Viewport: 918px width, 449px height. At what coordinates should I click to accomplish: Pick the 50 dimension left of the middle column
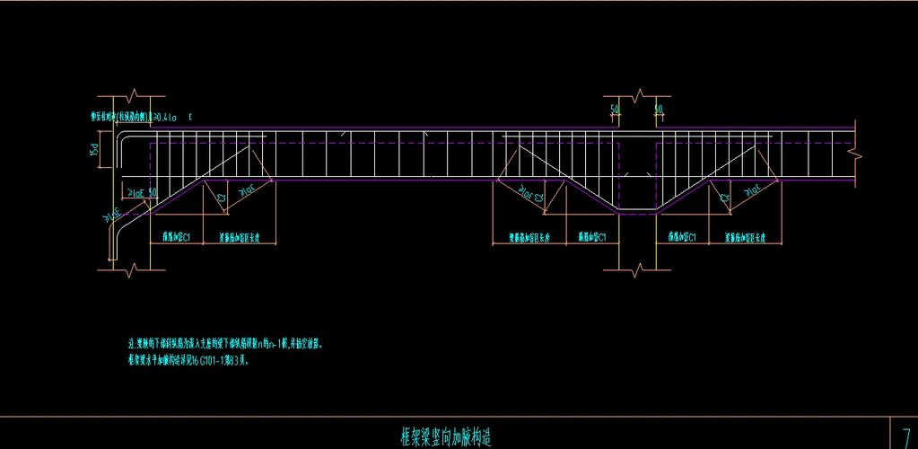(615, 110)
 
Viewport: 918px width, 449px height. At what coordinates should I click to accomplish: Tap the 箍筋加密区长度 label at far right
(748, 237)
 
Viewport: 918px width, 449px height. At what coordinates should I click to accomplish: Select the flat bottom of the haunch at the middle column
(638, 211)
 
